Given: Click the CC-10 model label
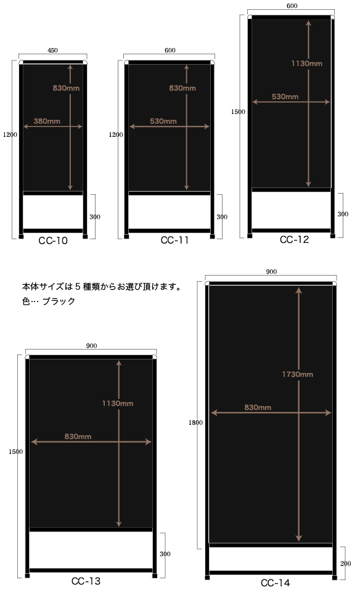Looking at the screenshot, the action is [x=53, y=241].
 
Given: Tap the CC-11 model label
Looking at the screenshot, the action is [x=174, y=240].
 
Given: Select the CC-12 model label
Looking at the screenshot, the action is [x=294, y=240].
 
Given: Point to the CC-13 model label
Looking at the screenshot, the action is [x=86, y=581].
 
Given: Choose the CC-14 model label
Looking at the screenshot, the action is [x=276, y=583].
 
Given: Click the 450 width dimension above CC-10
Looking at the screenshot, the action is [x=52, y=51].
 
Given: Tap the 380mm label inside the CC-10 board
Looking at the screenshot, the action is [x=47, y=121].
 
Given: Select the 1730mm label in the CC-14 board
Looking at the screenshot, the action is [x=298, y=374].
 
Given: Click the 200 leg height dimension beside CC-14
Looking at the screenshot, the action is [x=346, y=563].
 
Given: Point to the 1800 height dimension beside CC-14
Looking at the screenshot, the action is [x=195, y=422].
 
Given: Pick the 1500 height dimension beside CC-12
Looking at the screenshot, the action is [x=238, y=112].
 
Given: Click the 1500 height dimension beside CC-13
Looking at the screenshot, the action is [x=16, y=451].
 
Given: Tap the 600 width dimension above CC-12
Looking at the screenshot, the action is [x=292, y=6].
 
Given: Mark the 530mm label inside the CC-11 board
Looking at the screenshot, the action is [x=163, y=121].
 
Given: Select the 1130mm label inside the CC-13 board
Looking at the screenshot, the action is [x=118, y=403].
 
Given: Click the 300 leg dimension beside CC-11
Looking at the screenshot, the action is [x=222, y=217].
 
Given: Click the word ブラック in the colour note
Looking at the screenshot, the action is [x=59, y=301].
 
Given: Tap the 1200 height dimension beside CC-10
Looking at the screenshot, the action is [x=10, y=134].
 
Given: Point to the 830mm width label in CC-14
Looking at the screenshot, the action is [x=258, y=407].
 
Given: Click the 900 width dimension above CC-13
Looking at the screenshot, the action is [x=91, y=346].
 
